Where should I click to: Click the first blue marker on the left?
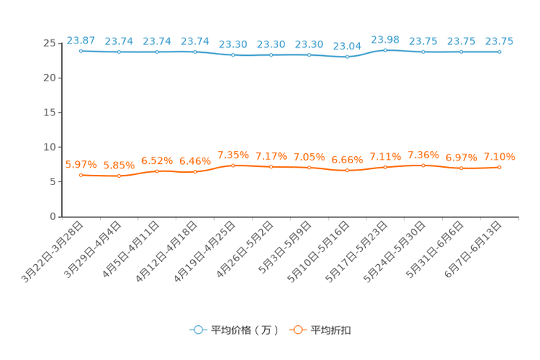81,52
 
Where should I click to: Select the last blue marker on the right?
499,52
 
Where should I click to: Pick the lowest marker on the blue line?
348,57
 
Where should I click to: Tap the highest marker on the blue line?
385,50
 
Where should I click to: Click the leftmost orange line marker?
81,175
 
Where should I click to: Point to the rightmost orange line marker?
499,167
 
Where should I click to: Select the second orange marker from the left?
119,176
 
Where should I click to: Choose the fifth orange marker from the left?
233,165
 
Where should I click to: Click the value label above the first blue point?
81,40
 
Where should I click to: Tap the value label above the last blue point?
499,41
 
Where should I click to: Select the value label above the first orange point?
81,164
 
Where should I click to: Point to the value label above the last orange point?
499,156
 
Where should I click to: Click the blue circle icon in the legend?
197,330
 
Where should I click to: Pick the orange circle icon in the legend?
297,330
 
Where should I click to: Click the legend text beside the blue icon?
244,330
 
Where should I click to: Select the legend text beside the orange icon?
331,330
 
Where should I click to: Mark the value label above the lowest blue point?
347,46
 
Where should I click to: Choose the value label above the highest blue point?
385,38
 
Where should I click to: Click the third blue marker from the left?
157,52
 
